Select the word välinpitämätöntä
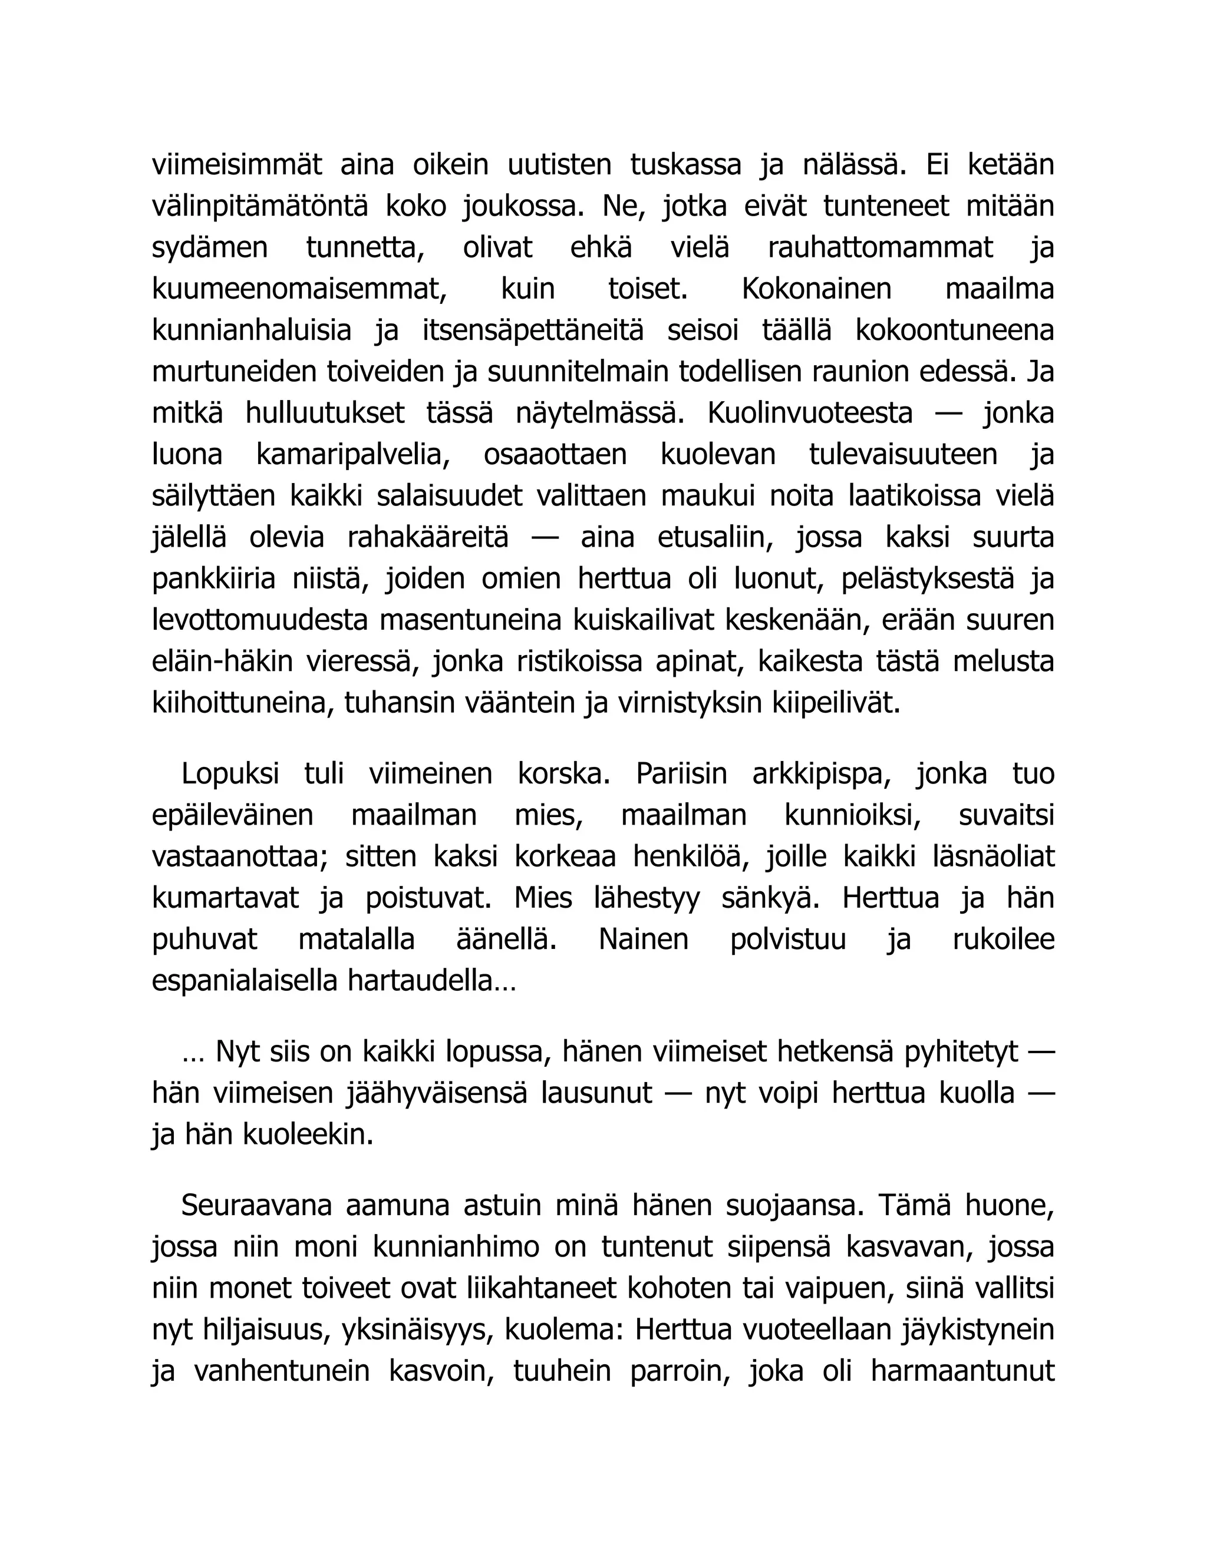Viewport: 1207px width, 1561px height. pos(259,207)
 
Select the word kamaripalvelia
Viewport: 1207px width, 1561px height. pos(353,455)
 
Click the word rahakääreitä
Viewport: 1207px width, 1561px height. pos(428,537)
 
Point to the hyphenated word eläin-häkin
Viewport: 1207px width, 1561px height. pos(222,662)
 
